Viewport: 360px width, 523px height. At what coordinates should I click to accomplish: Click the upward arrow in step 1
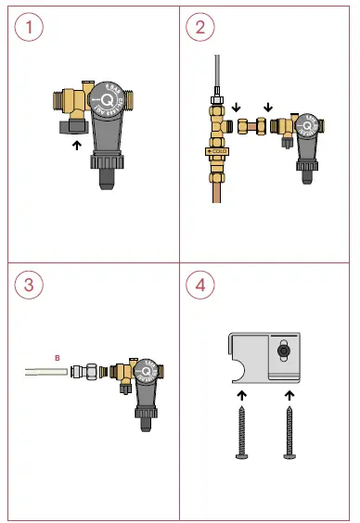coord(76,144)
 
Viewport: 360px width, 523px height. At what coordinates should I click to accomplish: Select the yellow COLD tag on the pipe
coord(218,149)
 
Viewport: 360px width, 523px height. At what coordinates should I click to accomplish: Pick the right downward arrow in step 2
coord(268,107)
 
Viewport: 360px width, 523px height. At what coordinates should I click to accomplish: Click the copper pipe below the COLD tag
coord(219,190)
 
